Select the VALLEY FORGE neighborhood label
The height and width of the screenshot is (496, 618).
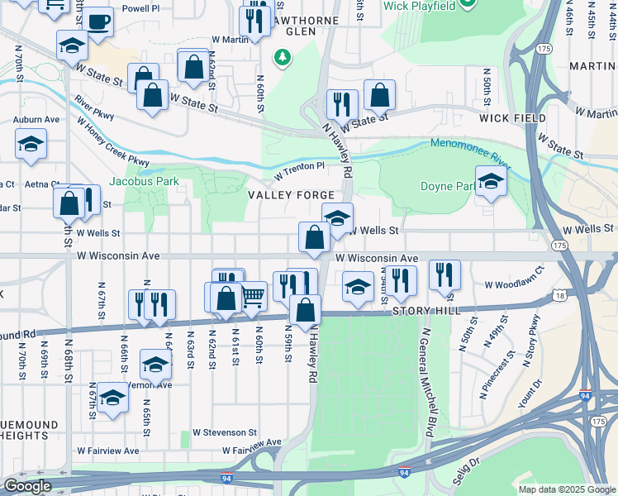[x=283, y=195]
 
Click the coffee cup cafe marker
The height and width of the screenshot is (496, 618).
[x=98, y=22]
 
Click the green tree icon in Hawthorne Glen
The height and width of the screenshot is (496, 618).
[x=283, y=56]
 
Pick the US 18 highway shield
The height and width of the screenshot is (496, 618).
[x=562, y=294]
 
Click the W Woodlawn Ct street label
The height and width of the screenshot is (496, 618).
[x=515, y=284]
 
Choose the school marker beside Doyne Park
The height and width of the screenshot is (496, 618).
[x=491, y=181]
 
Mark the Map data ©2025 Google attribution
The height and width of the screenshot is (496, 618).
[x=566, y=489]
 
